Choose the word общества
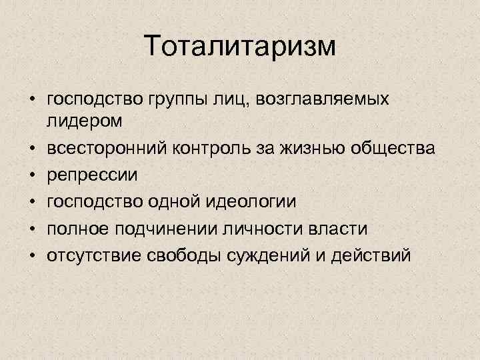[383, 148]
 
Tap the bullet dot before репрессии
[31, 175]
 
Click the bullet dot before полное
[31, 228]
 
